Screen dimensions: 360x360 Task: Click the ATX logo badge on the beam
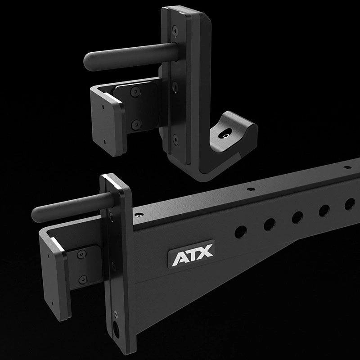[x=191, y=258]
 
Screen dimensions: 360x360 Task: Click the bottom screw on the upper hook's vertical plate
[x=175, y=138]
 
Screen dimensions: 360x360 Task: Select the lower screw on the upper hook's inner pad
[x=134, y=122]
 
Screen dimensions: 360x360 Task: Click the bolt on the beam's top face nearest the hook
[x=140, y=216]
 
